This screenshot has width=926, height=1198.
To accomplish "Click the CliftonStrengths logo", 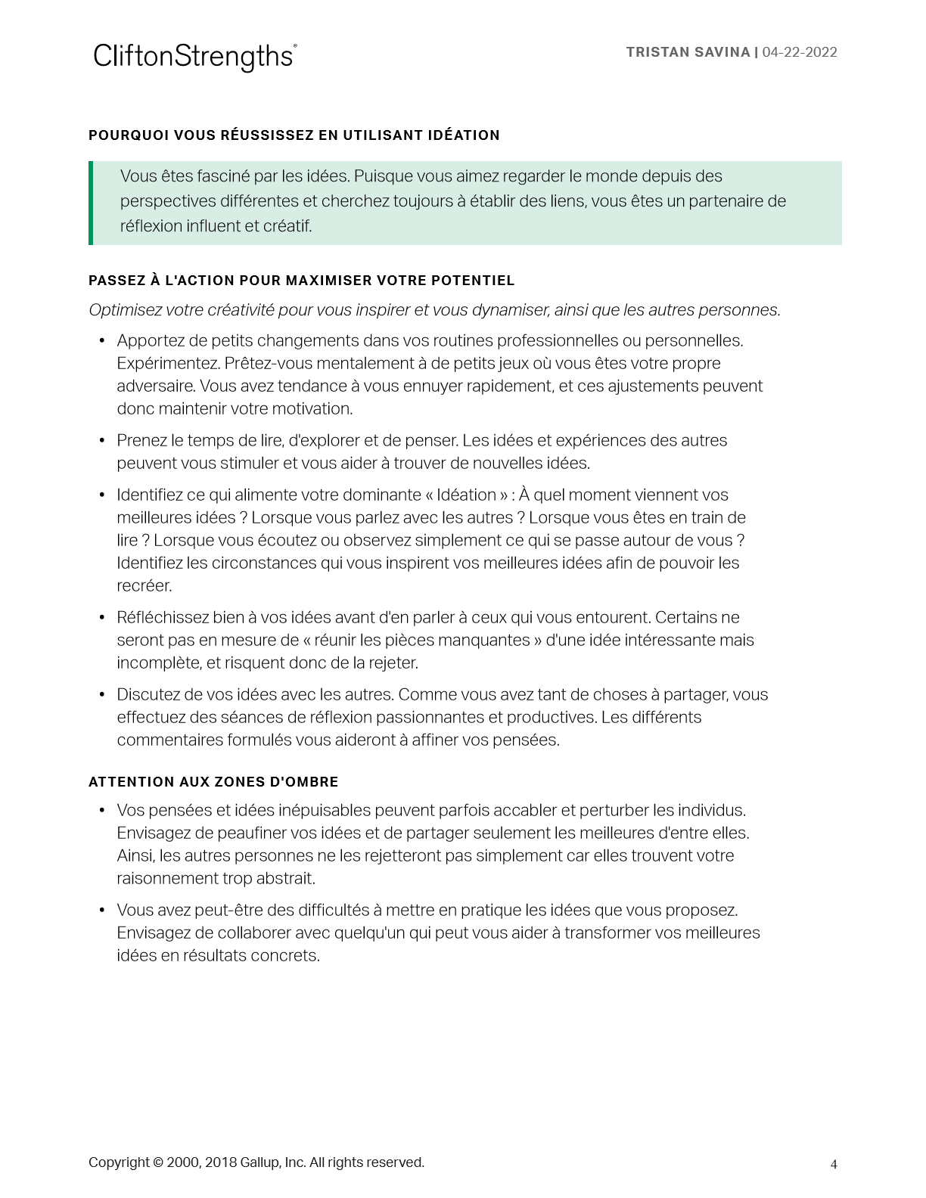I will click(x=194, y=57).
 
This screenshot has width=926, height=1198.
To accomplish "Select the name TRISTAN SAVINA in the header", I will click(x=688, y=52).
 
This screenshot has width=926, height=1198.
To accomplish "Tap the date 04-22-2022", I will click(x=800, y=52).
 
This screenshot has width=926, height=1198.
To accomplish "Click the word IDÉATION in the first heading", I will click(x=462, y=135).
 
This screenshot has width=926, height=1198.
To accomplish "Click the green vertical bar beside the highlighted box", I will click(x=91, y=203).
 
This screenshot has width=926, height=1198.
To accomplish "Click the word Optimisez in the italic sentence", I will click(x=125, y=310).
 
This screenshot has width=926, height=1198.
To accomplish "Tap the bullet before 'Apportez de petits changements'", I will click(x=102, y=341).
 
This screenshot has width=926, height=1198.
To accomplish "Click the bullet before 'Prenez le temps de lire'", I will click(x=102, y=441).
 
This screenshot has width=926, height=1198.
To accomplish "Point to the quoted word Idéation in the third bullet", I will click(x=466, y=495).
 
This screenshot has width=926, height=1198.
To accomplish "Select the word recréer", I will click(x=144, y=586).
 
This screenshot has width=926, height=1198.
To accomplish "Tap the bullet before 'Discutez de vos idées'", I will click(x=102, y=695).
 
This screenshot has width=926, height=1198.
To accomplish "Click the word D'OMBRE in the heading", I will click(x=304, y=782).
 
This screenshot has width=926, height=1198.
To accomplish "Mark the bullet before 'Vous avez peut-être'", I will click(x=102, y=911).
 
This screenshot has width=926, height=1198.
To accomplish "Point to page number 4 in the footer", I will click(x=834, y=1165).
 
